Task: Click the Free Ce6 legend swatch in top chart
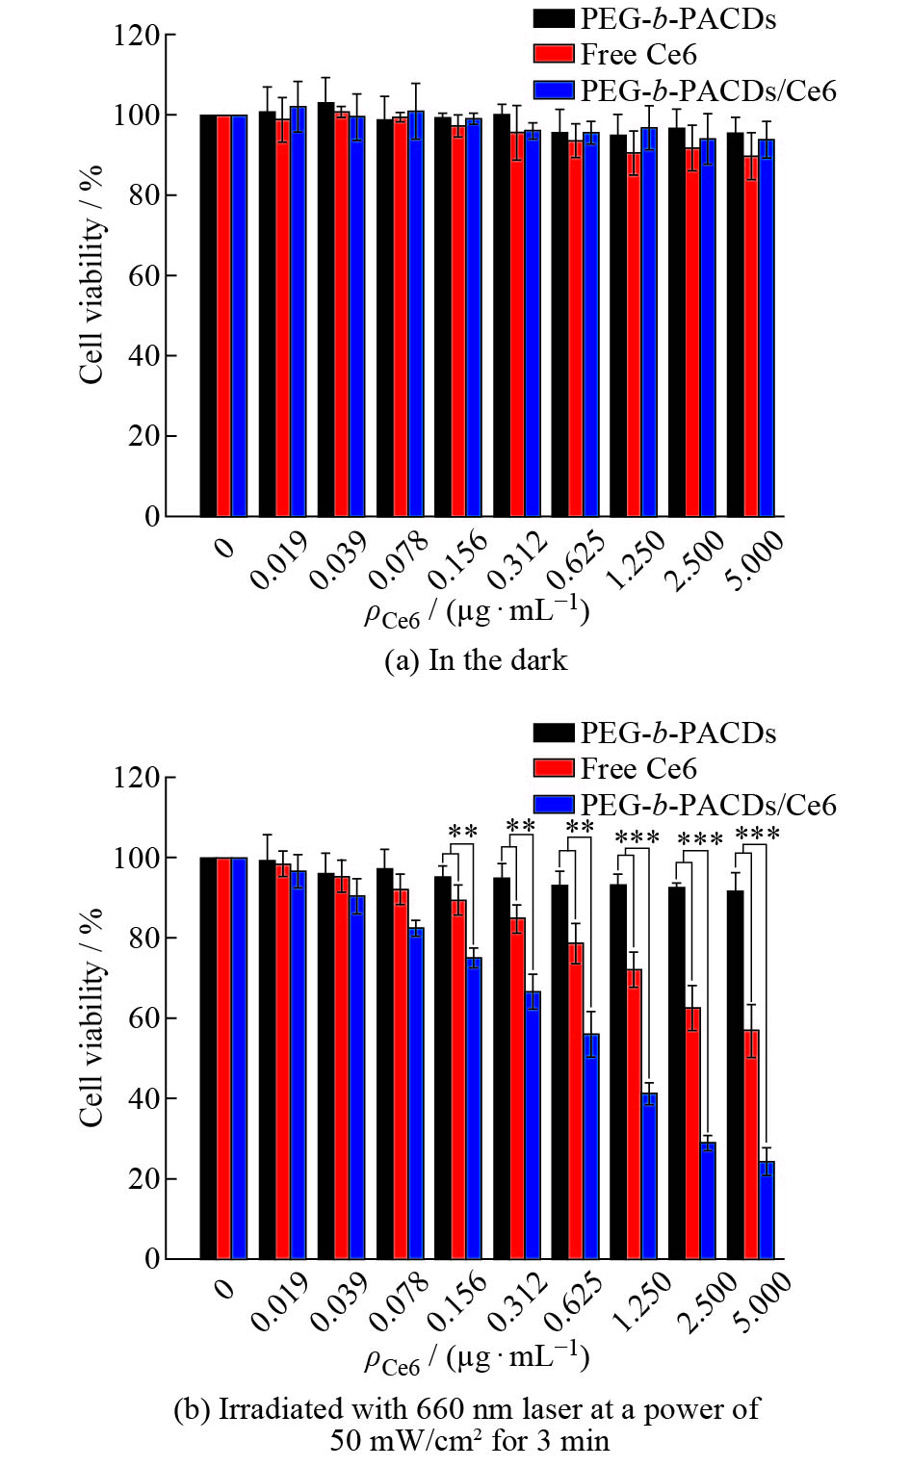coord(554,54)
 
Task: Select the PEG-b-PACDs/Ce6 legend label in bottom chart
coord(708,805)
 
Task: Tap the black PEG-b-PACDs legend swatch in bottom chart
coord(554,733)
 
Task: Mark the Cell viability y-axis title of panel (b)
coord(91,1017)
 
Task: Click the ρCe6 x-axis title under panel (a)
coord(477,612)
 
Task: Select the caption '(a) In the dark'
coord(476,660)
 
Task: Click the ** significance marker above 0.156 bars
coord(462,833)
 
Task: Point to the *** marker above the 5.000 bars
coord(757,834)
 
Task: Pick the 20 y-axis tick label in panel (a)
coord(144,436)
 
